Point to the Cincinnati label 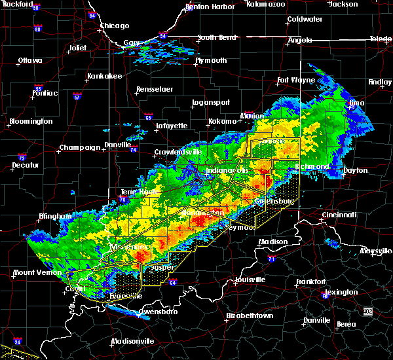(x=339, y=215)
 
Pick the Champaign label (x=79, y=147)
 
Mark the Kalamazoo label (x=266, y=4)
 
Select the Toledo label (x=381, y=39)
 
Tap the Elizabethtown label (x=250, y=315)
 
